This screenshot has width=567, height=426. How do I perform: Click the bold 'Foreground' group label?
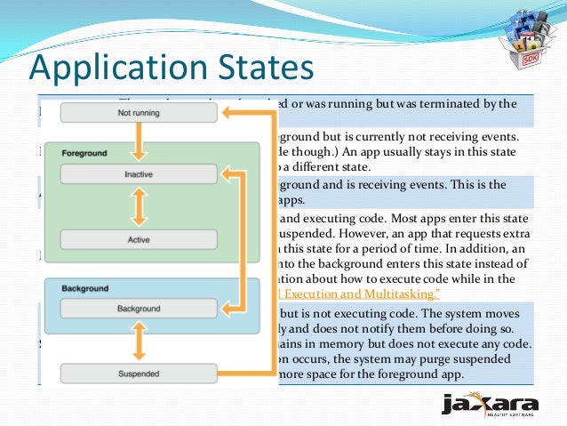click(84, 154)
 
